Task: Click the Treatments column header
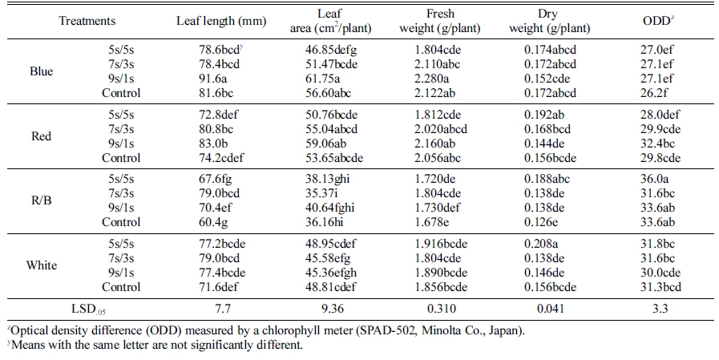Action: click(x=87, y=21)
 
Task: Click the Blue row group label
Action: click(x=41, y=71)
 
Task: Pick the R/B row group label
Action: click(x=41, y=200)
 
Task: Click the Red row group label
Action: click(x=41, y=136)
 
